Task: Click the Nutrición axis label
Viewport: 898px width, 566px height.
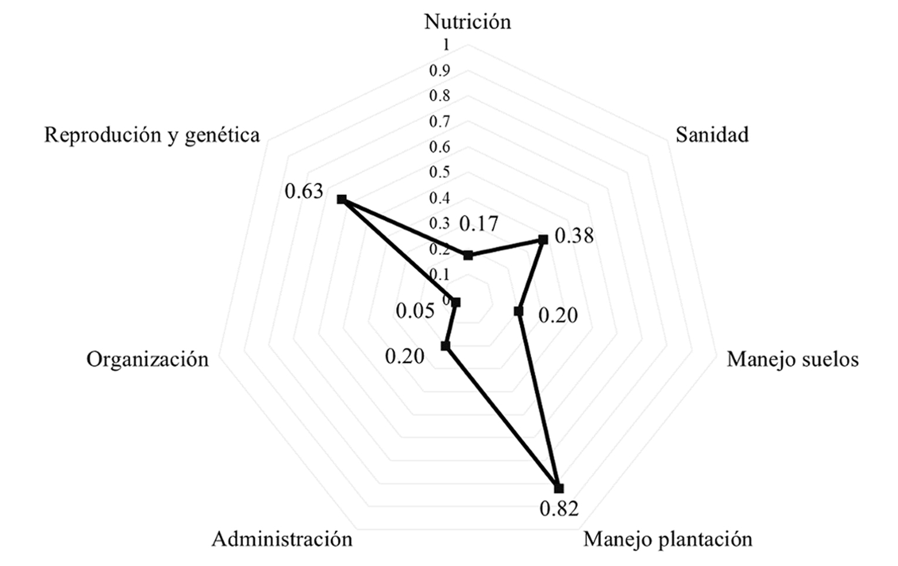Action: pos(467,22)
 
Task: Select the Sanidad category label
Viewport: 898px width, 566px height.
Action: pos(711,135)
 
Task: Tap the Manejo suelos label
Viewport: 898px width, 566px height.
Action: pos(792,359)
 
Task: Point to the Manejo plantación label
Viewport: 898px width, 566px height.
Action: pos(667,539)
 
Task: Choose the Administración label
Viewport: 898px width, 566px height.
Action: pos(282,539)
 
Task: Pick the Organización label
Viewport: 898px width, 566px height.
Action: pos(147,359)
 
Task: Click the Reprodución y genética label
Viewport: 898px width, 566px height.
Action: pos(151,135)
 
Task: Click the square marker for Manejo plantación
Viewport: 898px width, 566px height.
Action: pos(558,488)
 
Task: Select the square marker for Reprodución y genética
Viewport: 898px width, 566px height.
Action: pos(341,200)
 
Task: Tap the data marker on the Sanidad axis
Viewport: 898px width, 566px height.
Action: pos(543,240)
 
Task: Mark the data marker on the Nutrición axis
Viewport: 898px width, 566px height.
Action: pos(468,255)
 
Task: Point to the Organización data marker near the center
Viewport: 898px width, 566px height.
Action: pos(456,302)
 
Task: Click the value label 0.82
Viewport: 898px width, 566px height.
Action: pos(559,508)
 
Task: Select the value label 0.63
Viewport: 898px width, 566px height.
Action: pos(304,191)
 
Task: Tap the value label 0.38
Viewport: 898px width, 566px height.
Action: pos(574,236)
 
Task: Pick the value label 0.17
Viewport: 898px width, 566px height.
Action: pos(478,224)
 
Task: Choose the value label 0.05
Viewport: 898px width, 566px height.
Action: pos(415,311)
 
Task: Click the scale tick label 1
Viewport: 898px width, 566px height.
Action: pos(446,45)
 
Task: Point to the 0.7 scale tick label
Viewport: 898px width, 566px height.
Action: pos(439,122)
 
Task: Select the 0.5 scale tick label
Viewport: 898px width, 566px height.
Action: pos(439,172)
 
